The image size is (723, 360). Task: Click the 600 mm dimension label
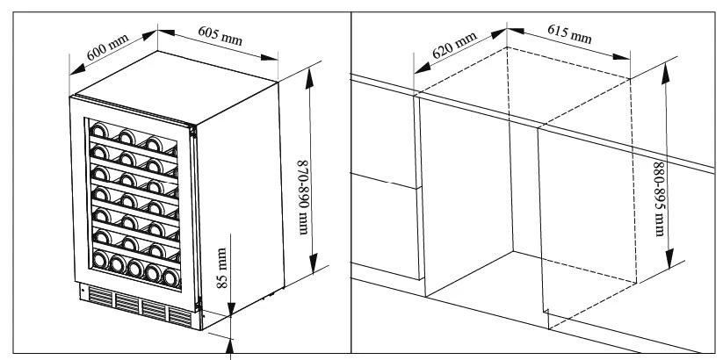click(107, 47)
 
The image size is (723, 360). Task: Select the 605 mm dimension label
click(221, 35)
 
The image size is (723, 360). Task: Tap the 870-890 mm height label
click(302, 198)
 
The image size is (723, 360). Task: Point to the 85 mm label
click(222, 268)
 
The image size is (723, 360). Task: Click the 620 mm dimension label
click(454, 45)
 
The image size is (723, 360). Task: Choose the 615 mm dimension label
click(569, 33)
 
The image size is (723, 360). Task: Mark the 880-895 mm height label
click(660, 199)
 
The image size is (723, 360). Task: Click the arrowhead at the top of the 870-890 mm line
click(309, 78)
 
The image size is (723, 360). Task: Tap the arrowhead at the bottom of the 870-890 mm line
click(314, 263)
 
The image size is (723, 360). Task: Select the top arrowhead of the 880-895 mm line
click(665, 74)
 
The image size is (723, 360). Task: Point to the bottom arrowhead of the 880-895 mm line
click(669, 259)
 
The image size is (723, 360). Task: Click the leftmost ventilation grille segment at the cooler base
click(100, 297)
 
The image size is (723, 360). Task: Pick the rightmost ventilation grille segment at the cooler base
click(180, 317)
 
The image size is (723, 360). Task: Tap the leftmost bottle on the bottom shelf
click(100, 259)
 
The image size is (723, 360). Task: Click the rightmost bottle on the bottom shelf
click(171, 277)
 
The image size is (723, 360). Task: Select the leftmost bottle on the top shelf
click(98, 130)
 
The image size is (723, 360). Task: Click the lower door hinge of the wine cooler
click(199, 304)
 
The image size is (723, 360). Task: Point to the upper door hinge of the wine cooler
click(193, 131)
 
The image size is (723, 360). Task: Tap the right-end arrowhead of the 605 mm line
click(270, 58)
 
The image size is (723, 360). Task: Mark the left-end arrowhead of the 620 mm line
click(423, 68)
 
